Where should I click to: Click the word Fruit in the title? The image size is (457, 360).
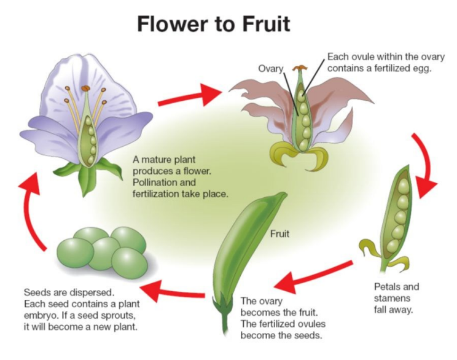pos(254,25)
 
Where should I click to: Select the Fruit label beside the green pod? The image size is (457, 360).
pos(280,233)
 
